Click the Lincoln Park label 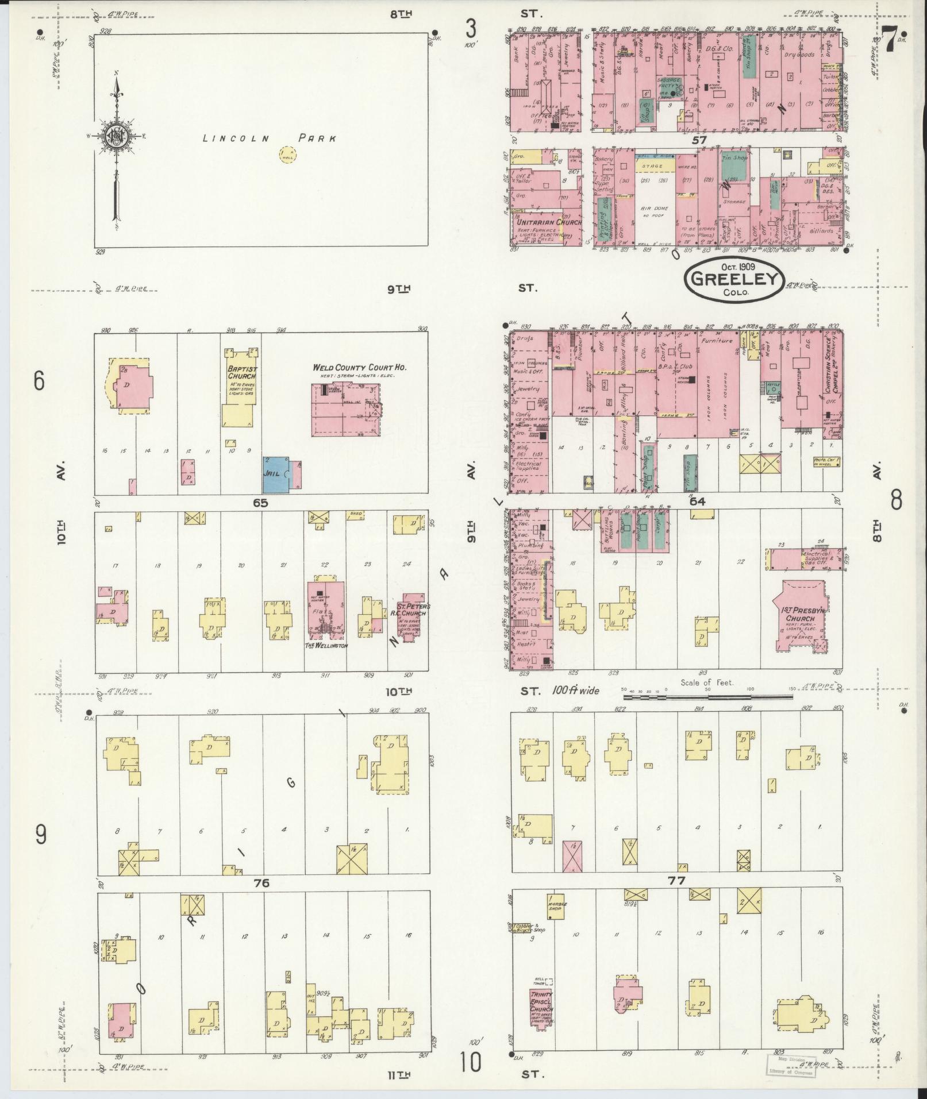[x=269, y=138]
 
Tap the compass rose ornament [x=117, y=136]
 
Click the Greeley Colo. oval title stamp [x=734, y=279]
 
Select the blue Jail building [x=276, y=474]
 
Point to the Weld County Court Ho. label [x=360, y=367]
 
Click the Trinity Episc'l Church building [x=541, y=1009]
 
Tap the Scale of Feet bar [x=708, y=697]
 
